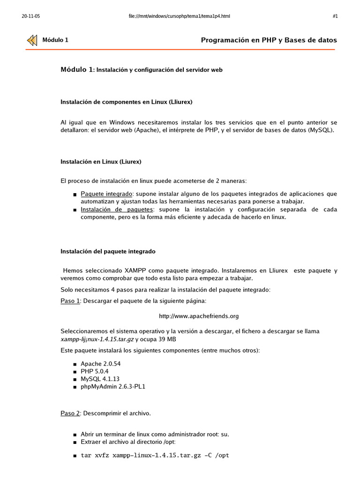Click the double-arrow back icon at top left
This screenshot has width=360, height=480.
coord(32,40)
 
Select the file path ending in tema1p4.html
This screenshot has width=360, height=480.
coord(179,16)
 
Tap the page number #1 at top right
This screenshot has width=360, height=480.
coord(335,16)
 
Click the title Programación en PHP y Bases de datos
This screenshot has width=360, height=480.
coord(269,40)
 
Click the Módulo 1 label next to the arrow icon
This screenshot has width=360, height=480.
coord(55,40)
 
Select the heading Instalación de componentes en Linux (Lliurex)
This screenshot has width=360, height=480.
coord(127,101)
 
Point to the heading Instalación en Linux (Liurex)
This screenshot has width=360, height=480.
coord(101,162)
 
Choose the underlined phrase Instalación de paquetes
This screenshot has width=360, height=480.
coord(117,210)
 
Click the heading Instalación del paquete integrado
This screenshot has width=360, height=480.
coord(108,252)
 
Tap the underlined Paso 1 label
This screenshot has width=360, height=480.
coord(70,301)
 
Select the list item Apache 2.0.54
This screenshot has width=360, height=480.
coord(101,364)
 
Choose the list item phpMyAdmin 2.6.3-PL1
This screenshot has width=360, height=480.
coord(116,387)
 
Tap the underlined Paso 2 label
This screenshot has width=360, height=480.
coord(70,414)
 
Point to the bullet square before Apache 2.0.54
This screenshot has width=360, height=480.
coord(75,364)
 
